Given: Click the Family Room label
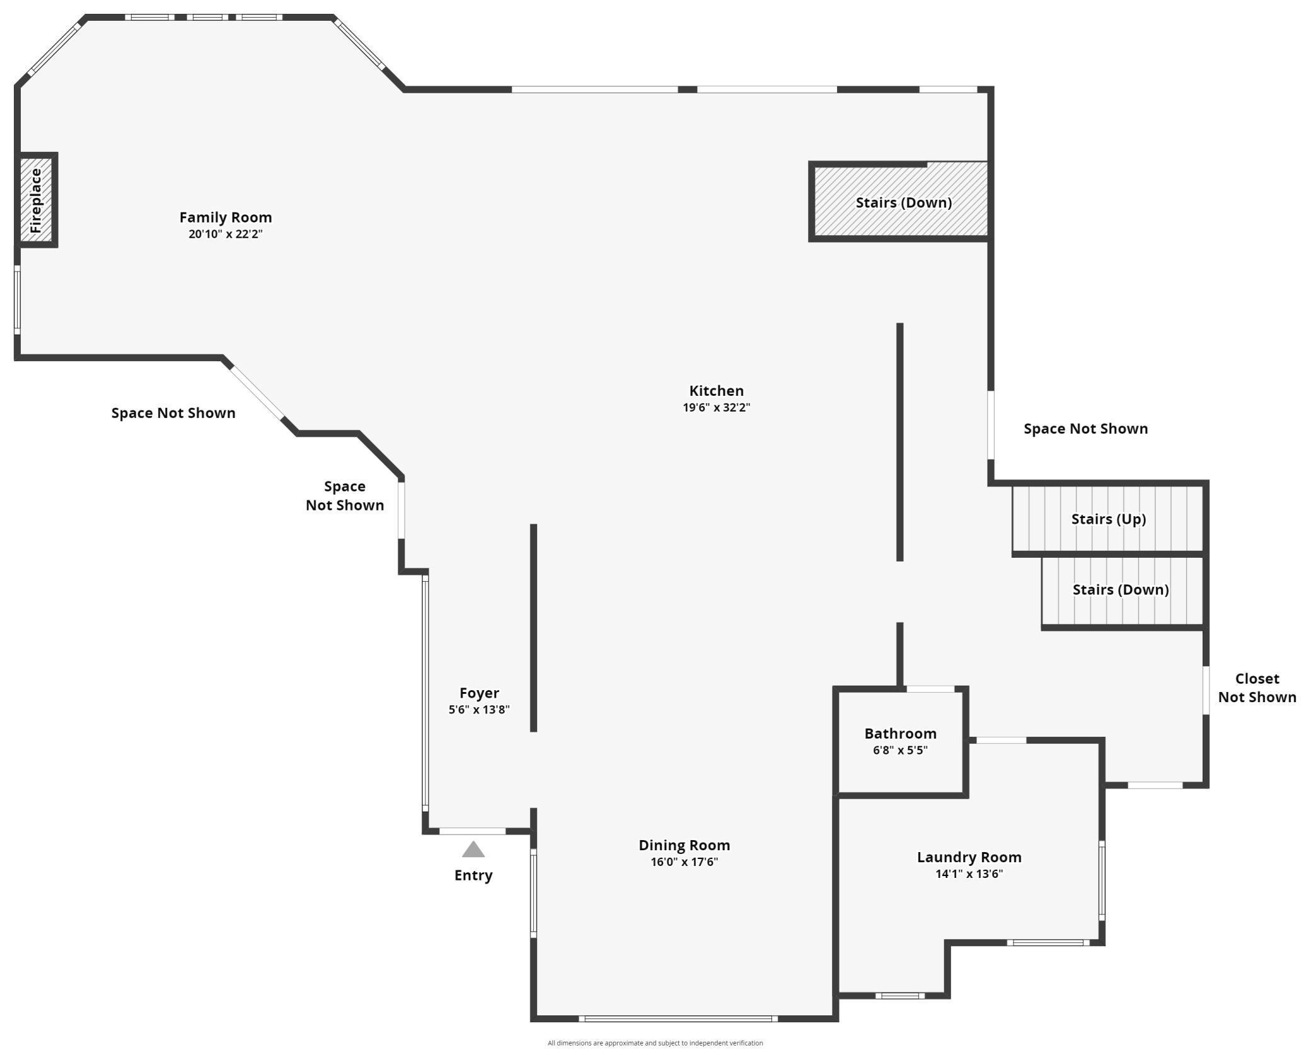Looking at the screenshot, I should coord(225,217).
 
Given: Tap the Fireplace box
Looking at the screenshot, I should coord(36,200).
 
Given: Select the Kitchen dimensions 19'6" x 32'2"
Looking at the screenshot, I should coord(716,407).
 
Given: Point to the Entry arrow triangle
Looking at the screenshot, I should coord(473,850).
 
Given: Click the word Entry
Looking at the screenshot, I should coord(473,875).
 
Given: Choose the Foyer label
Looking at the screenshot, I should coord(479,693).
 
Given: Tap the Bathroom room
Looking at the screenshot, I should coord(900,741).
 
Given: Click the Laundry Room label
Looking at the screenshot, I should coord(969,857).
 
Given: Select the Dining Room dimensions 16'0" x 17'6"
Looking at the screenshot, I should coord(684,862).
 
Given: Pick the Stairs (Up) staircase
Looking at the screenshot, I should coord(1108,519).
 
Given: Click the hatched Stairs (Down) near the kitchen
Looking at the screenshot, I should coord(903,202).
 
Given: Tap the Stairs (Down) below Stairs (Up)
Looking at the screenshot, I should coord(1121,590).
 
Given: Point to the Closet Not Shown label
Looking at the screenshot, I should coord(1257,688).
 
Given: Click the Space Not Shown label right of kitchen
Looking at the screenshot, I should coord(1085,429).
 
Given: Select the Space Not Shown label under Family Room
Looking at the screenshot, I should coord(173,413).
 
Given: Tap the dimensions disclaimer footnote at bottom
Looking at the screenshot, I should coord(655,1043).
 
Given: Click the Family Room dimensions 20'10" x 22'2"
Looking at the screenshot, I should coord(225,234).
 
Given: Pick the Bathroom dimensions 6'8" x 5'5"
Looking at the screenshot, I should coord(900,750).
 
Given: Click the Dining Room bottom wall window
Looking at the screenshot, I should coord(678,1018).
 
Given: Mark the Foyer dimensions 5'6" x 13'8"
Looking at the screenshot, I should coord(479,710).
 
